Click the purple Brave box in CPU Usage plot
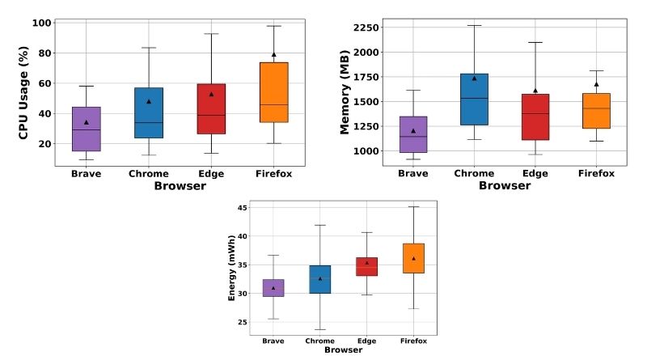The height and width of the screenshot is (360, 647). [87, 129]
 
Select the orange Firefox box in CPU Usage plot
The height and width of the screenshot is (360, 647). [274, 92]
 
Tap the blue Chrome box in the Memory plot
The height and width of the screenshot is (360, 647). [474, 100]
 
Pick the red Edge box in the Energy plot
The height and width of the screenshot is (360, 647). [367, 267]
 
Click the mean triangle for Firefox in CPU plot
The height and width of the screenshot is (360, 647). [274, 54]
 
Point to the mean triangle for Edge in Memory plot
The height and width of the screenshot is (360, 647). [535, 91]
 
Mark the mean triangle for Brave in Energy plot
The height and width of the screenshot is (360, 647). [273, 288]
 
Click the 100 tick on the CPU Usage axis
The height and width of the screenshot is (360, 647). [42, 23]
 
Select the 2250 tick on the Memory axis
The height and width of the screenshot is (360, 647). [366, 28]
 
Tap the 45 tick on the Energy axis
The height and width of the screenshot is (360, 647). [242, 208]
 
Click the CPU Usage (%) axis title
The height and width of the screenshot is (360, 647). [23, 92]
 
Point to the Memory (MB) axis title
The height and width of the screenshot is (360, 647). [345, 92]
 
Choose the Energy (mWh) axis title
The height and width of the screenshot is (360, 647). [231, 268]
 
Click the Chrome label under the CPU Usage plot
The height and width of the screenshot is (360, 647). [149, 174]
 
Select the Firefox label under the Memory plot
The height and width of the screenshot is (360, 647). [596, 173]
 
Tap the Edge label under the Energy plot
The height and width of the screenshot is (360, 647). [367, 341]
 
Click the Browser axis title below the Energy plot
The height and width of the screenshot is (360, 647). [343, 350]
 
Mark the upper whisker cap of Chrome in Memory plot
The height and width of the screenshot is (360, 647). [474, 26]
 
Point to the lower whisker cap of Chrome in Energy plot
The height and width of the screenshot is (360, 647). [320, 329]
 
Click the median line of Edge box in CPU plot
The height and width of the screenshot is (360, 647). [211, 115]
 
